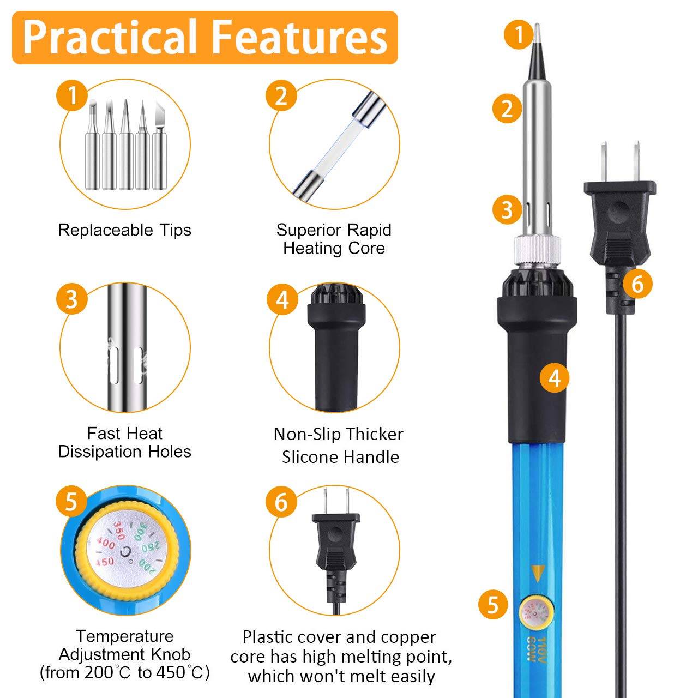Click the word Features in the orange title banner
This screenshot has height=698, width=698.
click(299, 37)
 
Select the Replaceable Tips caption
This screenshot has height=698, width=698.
click(124, 230)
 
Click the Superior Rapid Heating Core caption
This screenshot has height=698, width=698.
click(334, 239)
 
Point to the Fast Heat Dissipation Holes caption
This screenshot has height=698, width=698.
click(124, 442)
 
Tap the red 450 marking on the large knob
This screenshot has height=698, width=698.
click(105, 562)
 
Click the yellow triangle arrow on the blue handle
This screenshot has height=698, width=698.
click(538, 573)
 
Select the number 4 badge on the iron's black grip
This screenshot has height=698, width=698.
click(555, 377)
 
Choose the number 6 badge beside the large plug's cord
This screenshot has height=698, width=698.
click(637, 283)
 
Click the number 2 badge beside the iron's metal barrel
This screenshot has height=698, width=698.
click(507, 108)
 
